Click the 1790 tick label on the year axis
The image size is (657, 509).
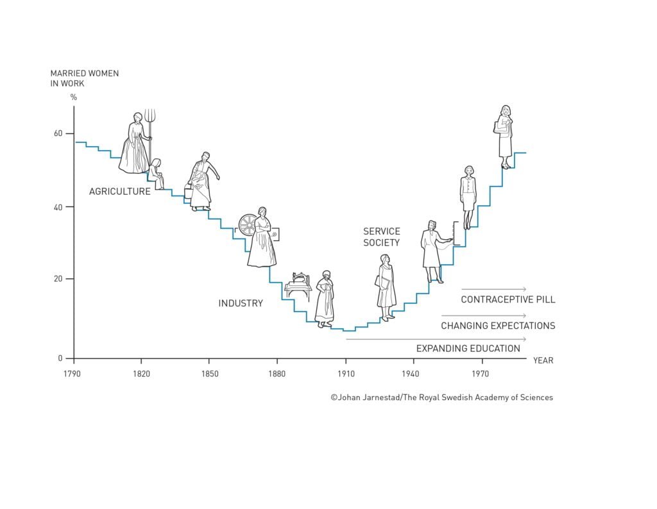pyautogui.click(x=73, y=372)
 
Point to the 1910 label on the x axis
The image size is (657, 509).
pyautogui.click(x=345, y=372)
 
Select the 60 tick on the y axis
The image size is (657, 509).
pyautogui.click(x=58, y=133)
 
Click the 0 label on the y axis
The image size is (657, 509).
pyautogui.click(x=61, y=358)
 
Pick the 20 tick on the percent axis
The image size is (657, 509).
pyautogui.click(x=58, y=279)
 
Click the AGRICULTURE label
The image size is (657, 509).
pyautogui.click(x=120, y=191)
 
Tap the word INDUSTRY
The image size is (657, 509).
pyautogui.click(x=241, y=303)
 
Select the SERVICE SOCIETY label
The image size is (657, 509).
pyautogui.click(x=381, y=237)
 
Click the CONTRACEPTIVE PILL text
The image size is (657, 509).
pyautogui.click(x=508, y=299)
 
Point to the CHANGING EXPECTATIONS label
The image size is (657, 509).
pyautogui.click(x=498, y=326)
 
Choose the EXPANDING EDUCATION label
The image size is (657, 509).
pyautogui.click(x=468, y=349)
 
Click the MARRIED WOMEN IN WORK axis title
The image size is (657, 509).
pyautogui.click(x=85, y=78)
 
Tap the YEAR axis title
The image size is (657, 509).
pyautogui.click(x=543, y=360)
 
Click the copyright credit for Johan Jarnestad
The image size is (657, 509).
pyautogui.click(x=441, y=397)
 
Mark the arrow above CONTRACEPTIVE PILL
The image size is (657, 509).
pyautogui.click(x=493, y=289)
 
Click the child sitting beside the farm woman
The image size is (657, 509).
pyautogui.click(x=156, y=173)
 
